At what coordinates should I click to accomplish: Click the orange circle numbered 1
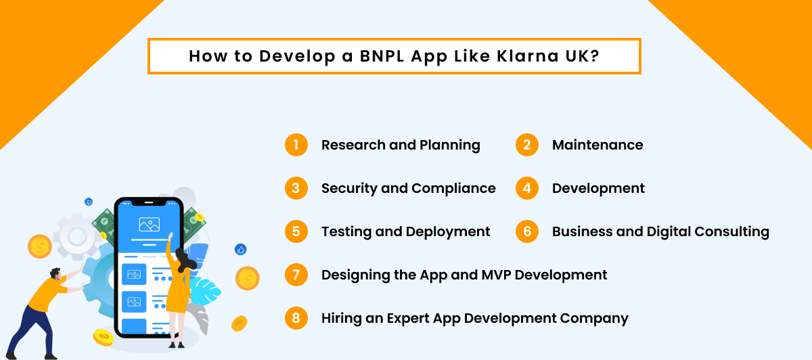[296, 145]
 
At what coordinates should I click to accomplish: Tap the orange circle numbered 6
[527, 231]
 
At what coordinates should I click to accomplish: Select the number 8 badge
[296, 318]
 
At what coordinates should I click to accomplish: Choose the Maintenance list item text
[597, 145]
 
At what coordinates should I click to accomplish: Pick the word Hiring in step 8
[342, 318]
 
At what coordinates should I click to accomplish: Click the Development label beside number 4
[598, 188]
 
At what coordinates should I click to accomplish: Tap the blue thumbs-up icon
[240, 250]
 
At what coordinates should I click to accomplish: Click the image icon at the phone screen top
[149, 224]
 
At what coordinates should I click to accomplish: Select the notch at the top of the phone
[149, 203]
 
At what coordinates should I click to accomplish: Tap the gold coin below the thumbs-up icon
[248, 277]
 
